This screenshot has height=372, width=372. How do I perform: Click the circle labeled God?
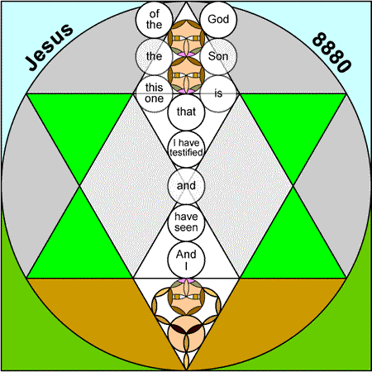pos(218,20)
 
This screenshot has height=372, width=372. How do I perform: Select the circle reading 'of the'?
pos(154,20)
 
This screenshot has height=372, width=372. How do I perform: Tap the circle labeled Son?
pos(218,56)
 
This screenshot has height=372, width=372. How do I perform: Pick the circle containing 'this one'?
pos(154,93)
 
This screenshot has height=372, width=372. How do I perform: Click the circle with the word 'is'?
pos(218,93)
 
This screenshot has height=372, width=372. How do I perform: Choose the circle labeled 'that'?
pos(186,112)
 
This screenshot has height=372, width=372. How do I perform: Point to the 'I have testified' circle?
pos(186,149)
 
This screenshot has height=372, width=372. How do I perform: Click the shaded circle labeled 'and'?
pos(186,186)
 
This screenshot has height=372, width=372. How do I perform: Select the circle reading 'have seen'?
pos(186,222)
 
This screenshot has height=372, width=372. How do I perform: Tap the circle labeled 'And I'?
pos(186,260)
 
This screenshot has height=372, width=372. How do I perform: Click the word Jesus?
pos(50,47)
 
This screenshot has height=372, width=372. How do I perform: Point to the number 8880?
pos(332,52)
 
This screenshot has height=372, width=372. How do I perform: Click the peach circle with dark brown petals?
pos(186,333)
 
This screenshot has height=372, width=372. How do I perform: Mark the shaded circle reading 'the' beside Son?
pos(154,56)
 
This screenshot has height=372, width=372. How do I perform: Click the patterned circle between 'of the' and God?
pos(186,38)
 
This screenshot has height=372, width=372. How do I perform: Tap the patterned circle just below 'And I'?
pos(186,297)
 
